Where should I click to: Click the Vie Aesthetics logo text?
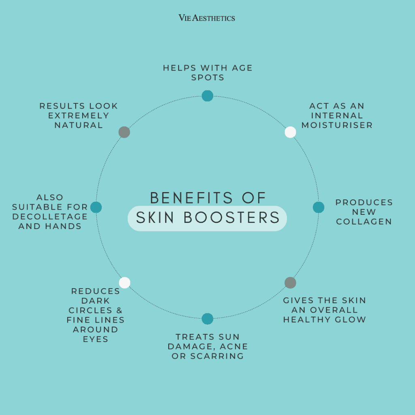[x=207, y=18]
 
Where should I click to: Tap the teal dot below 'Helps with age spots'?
[x=207, y=96]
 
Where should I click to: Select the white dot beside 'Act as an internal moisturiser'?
[x=290, y=132]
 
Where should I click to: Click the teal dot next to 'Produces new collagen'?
[x=319, y=207]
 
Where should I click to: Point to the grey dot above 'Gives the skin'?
[x=290, y=282]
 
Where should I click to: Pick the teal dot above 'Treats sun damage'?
[x=207, y=319]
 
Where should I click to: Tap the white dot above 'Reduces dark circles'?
[x=125, y=282]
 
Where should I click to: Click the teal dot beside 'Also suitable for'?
[x=96, y=207]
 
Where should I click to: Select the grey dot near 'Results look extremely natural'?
[x=124, y=132]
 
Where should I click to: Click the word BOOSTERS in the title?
[x=231, y=218]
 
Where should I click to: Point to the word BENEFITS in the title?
[x=191, y=198]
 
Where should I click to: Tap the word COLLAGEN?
[x=364, y=222]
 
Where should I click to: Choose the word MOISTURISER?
[x=337, y=125]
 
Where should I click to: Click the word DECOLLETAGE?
[x=50, y=216]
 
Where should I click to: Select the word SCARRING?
[x=217, y=356]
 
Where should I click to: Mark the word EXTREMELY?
[x=79, y=116]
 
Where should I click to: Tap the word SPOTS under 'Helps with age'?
[x=208, y=77]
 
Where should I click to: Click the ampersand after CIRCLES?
[x=120, y=310]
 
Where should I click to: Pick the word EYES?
[x=96, y=339]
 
